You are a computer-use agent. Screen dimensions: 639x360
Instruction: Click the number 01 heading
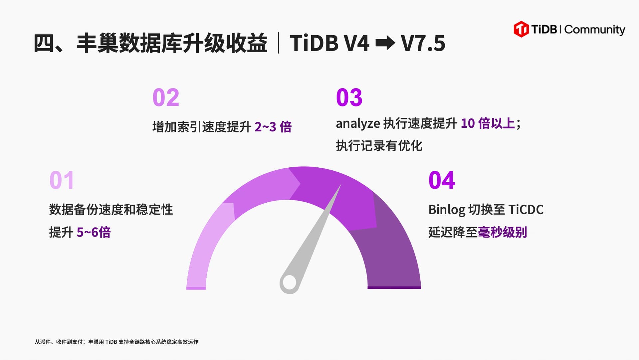(62, 180)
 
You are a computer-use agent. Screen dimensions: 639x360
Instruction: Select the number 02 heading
(166, 97)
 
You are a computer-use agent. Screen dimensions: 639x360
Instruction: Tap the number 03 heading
(349, 97)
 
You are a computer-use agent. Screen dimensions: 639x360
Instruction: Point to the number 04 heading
(442, 180)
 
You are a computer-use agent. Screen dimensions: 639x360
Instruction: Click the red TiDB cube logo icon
(521, 29)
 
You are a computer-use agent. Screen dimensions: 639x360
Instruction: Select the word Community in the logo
(595, 30)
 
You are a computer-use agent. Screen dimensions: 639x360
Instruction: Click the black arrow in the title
(385, 43)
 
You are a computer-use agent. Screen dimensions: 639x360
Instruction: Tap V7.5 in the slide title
(423, 43)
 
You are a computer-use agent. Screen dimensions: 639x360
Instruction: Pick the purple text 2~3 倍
(273, 127)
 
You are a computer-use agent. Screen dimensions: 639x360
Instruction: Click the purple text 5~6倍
(94, 232)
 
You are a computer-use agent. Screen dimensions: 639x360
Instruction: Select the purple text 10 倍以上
(488, 123)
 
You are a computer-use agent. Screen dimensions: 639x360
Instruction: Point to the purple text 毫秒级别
(502, 232)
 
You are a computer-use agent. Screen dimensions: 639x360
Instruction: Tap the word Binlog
(447, 210)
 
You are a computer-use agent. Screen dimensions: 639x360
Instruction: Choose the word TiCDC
(526, 210)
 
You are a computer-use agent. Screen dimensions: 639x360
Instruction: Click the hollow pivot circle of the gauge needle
(289, 283)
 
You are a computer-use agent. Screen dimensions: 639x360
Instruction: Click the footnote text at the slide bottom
(116, 342)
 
